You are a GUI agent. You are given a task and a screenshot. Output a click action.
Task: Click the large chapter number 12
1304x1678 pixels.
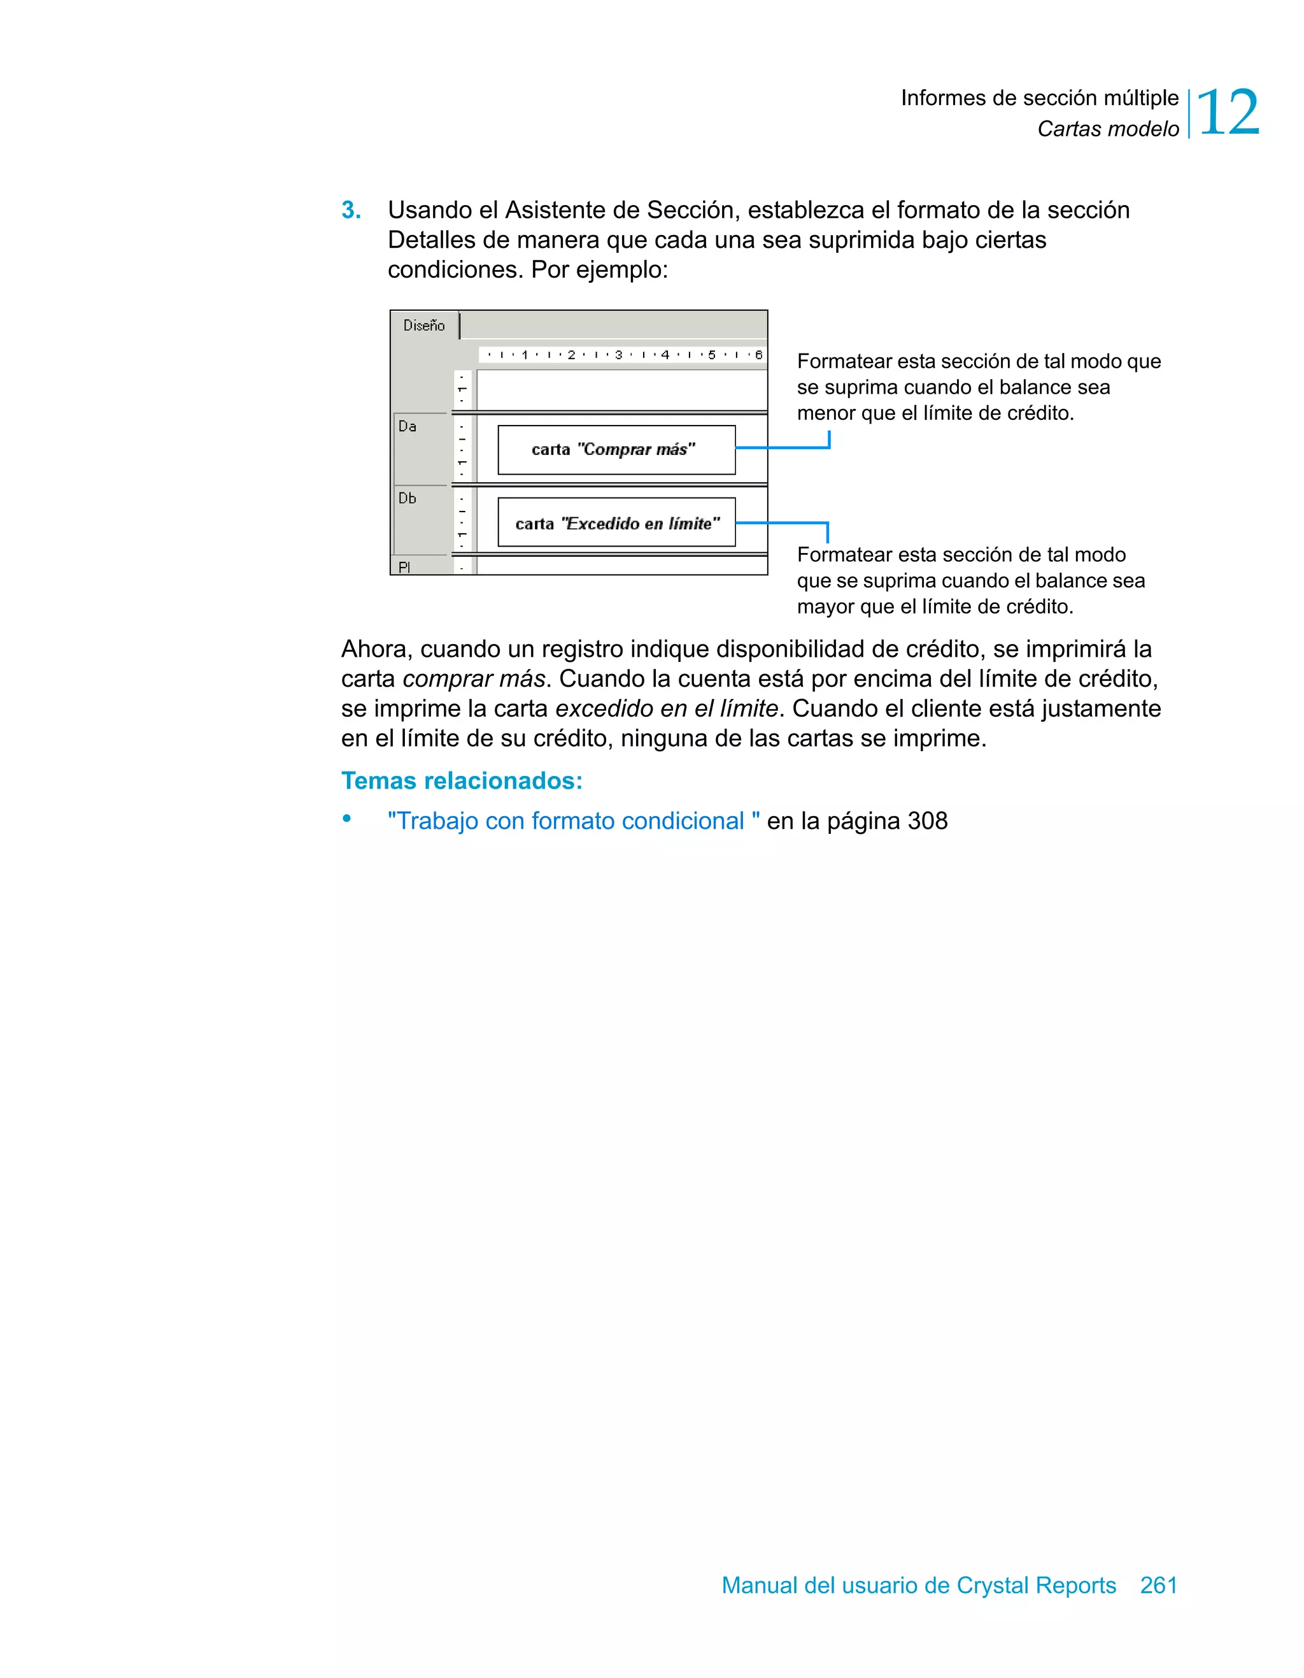pos(1228,113)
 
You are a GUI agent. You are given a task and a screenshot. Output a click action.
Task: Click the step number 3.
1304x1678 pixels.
pos(350,210)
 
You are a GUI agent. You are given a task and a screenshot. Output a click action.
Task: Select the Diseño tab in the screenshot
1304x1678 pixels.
pos(424,326)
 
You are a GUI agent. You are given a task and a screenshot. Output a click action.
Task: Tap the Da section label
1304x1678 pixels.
pos(407,426)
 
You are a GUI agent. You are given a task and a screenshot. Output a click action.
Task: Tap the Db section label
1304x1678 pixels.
pos(407,499)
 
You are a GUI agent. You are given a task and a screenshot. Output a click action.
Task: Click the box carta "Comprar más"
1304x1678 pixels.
pos(616,450)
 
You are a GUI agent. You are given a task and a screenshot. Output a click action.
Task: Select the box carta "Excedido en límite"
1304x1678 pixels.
pos(616,523)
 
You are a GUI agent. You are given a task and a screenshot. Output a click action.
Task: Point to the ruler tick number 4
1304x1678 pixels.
pos(665,355)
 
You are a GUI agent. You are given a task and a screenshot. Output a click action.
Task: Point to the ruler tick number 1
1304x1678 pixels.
pos(525,355)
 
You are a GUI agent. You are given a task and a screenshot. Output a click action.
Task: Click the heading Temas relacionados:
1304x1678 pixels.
pos(462,780)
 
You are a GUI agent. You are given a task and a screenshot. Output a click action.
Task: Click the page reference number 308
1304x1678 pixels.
pos(928,821)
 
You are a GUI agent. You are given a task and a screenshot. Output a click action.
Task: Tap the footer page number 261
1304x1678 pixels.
pos(1158,1585)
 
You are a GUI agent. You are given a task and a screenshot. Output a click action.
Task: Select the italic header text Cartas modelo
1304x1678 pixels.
pos(1107,129)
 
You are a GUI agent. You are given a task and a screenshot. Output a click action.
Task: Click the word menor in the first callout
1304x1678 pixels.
pos(826,413)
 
